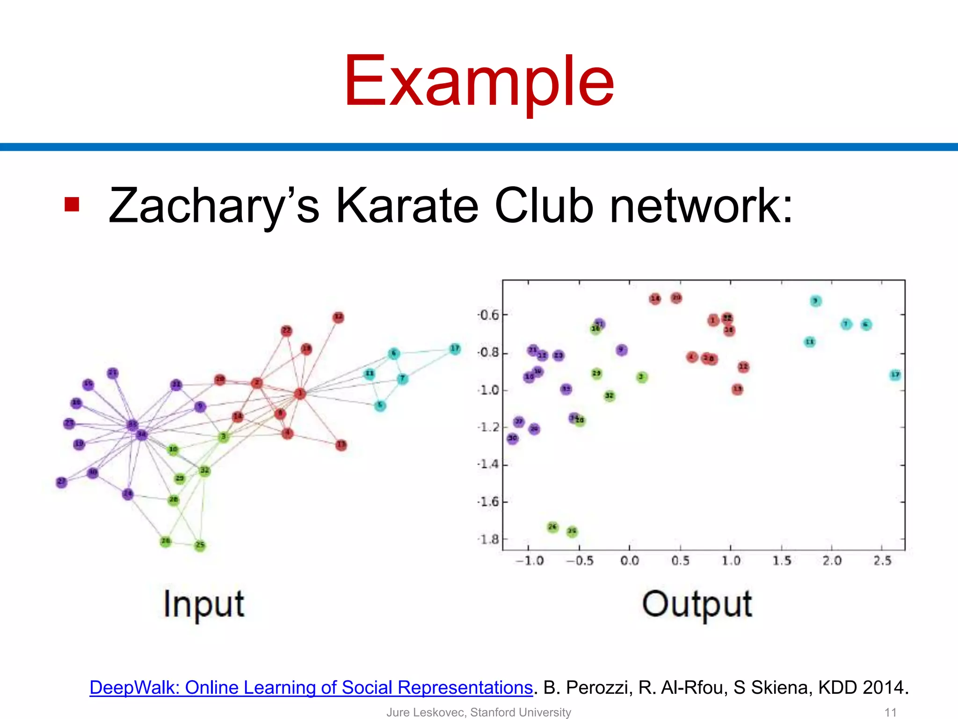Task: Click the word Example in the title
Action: [x=479, y=82]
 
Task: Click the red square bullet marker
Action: [x=72, y=205]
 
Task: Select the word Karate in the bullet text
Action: [x=407, y=206]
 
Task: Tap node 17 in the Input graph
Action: [x=455, y=349]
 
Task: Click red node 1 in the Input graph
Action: [x=300, y=394]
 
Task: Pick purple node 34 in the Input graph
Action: [x=141, y=435]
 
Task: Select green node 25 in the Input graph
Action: [x=200, y=545]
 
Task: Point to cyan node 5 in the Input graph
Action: [x=380, y=405]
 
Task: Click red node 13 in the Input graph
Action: [x=341, y=445]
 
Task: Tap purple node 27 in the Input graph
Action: [x=61, y=482]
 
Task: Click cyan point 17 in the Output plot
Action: [x=895, y=374]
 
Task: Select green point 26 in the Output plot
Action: [x=552, y=527]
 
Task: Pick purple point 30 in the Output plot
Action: [x=513, y=438]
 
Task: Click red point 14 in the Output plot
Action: [x=655, y=299]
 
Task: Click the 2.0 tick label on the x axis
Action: [x=832, y=561]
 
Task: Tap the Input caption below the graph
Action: [x=204, y=605]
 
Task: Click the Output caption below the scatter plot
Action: [x=697, y=605]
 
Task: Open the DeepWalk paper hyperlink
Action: [x=311, y=688]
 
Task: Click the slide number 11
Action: [x=890, y=712]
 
